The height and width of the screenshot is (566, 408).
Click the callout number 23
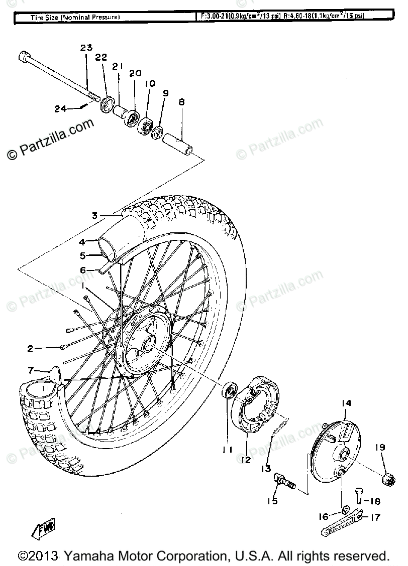coord(86,48)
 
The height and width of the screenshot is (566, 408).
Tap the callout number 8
coord(181,102)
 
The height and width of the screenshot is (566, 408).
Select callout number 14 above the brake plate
coord(347,403)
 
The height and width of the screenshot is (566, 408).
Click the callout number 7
coord(31,370)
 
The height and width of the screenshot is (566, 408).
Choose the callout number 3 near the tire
coord(94,216)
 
